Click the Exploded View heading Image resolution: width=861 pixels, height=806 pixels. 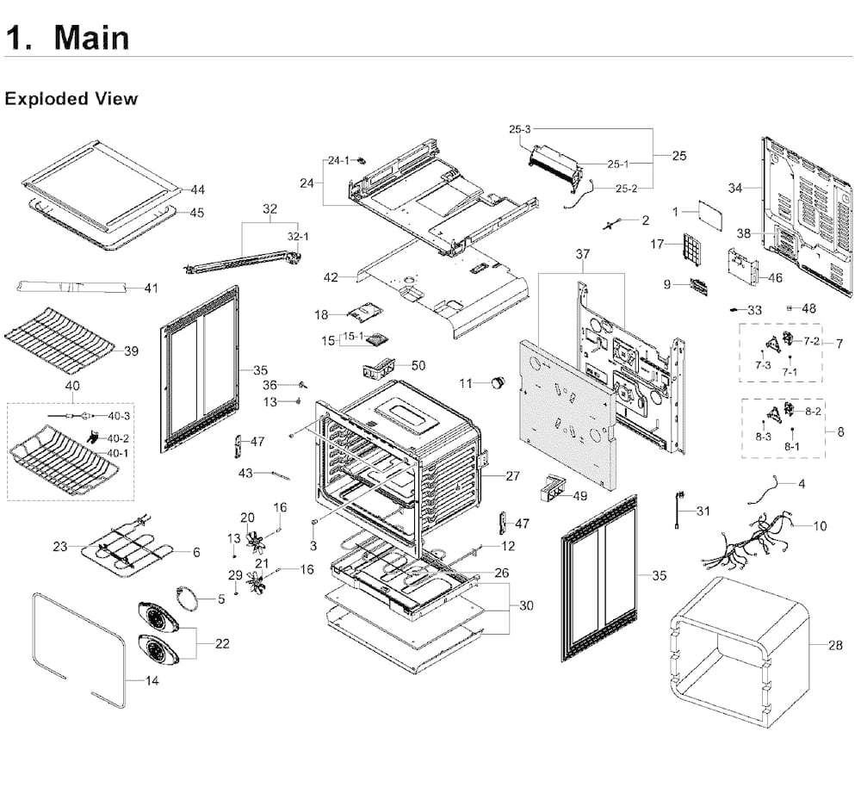[x=71, y=99]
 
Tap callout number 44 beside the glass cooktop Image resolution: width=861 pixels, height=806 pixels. [x=198, y=189]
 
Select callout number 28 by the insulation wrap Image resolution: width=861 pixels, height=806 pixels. [x=835, y=645]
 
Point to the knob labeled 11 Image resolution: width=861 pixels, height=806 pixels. [x=499, y=382]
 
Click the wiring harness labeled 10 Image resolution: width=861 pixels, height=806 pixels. [x=750, y=542]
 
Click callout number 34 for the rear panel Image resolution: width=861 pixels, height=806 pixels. [x=735, y=188]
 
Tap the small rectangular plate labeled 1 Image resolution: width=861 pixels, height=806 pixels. [x=710, y=216]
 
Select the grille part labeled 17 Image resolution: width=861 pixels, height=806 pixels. [x=693, y=249]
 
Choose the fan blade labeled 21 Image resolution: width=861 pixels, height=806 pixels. [x=257, y=581]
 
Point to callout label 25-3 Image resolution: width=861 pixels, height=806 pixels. [x=519, y=129]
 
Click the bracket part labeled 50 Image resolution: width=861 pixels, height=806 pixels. [x=379, y=368]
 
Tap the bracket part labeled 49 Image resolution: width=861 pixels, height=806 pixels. [x=554, y=488]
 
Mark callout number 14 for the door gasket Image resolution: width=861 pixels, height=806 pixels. [x=152, y=681]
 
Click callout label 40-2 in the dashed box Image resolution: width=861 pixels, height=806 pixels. [x=118, y=438]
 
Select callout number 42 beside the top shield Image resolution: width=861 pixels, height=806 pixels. [x=331, y=277]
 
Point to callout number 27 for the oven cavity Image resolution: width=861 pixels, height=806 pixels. [x=512, y=476]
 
